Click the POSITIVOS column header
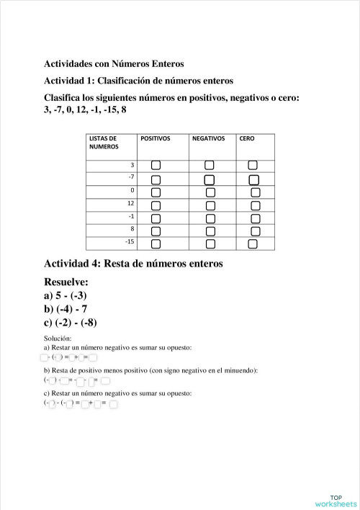pos(156,138)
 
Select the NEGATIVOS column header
pos(208,138)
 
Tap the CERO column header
pos(246,138)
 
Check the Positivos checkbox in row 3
pos(156,166)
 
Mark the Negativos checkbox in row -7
pos(210,179)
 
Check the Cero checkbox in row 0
pos(255,192)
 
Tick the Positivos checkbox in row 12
pos(156,205)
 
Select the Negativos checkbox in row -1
pos(210,218)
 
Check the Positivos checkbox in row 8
pos(156,231)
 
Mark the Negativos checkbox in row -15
pos(210,244)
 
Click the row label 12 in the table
pos(130,203)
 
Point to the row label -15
pos(130,242)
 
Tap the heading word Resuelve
pos(66,281)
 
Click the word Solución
pos(58,338)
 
